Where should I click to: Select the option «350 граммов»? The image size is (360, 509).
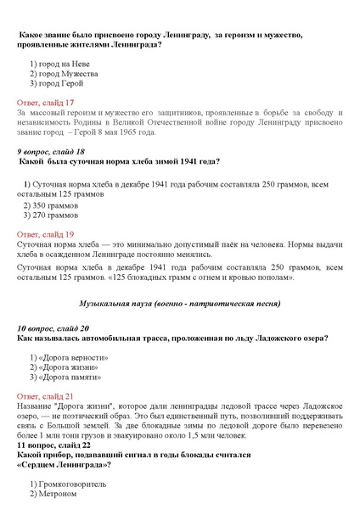coord(54,204)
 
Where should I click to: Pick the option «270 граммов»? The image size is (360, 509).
coord(54,215)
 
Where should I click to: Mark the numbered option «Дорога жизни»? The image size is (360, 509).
coord(68,368)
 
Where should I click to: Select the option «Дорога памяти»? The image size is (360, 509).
coord(69,378)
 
